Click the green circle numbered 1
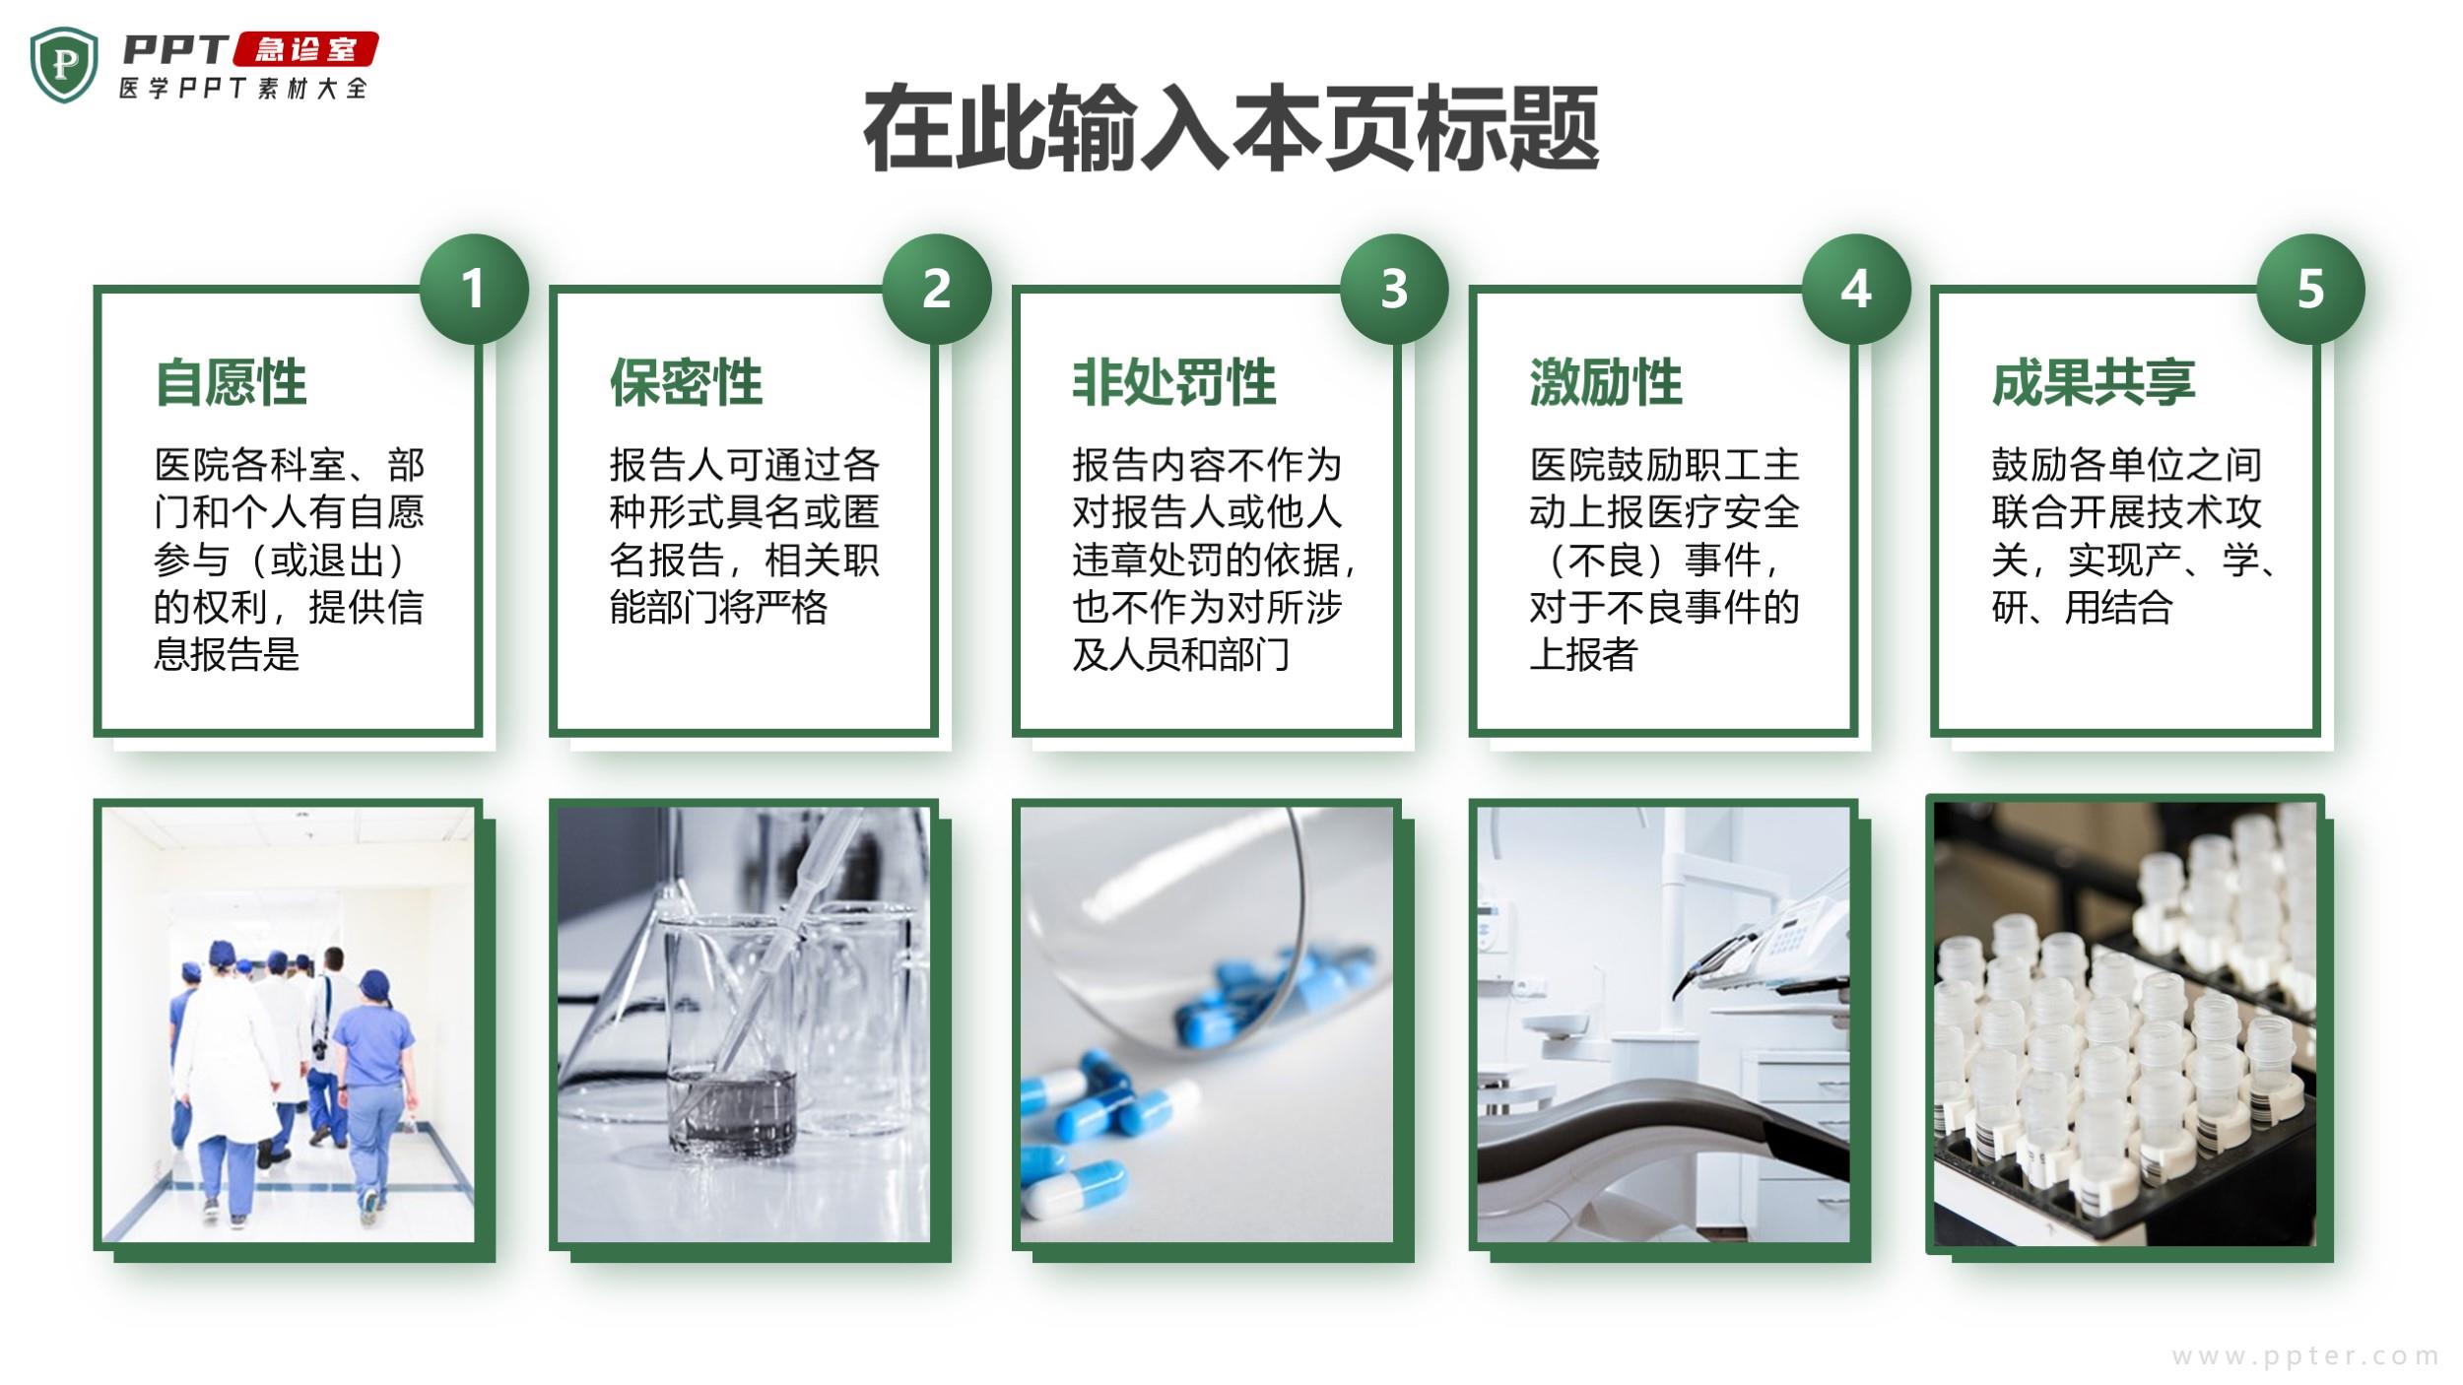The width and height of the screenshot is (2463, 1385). (x=474, y=289)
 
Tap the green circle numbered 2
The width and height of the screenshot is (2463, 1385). (x=936, y=289)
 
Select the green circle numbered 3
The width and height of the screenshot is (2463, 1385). (x=1394, y=289)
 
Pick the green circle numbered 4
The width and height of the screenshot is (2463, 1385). (x=1856, y=289)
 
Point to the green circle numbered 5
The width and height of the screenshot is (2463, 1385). (x=2310, y=289)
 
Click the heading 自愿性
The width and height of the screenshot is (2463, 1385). (x=232, y=382)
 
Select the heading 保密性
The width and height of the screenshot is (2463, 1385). (x=687, y=382)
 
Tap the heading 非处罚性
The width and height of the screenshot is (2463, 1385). (x=1174, y=382)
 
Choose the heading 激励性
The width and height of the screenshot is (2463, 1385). (x=1606, y=382)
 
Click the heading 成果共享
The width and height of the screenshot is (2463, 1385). (x=2094, y=382)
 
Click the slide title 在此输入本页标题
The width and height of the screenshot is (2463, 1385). (x=1231, y=129)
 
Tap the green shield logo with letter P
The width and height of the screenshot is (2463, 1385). (x=64, y=64)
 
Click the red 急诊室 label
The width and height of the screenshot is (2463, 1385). (x=305, y=49)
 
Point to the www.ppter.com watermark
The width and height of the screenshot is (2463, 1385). (x=2305, y=1356)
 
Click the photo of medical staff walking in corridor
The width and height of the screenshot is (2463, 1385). (x=289, y=1024)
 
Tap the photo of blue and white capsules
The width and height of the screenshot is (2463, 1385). (x=1207, y=1024)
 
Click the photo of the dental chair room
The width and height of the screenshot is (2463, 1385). (x=1663, y=1024)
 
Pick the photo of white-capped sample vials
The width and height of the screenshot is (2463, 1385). (x=2125, y=1023)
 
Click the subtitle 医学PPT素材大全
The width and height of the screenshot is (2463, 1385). (x=243, y=88)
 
